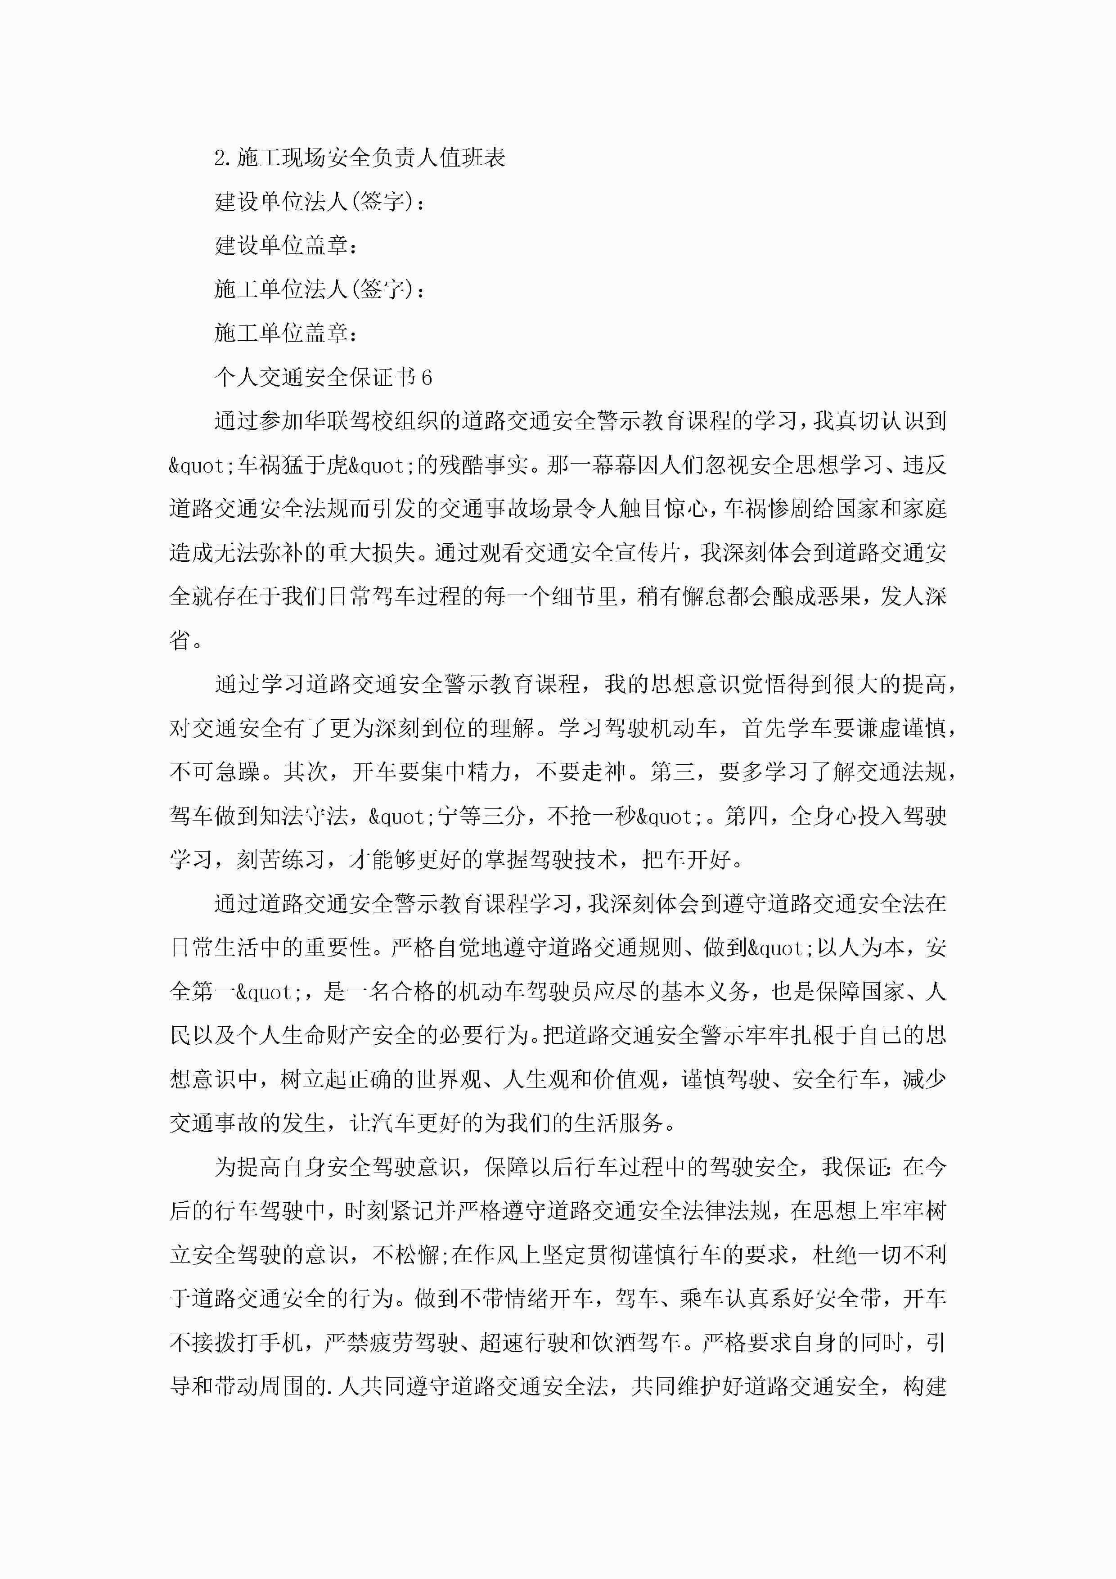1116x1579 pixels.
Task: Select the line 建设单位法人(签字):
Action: point(320,202)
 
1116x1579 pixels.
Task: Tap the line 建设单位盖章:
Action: point(286,245)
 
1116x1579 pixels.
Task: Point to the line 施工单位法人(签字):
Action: point(320,289)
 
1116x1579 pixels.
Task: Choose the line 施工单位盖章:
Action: point(286,334)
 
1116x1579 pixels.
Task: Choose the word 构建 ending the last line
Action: point(926,1386)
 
